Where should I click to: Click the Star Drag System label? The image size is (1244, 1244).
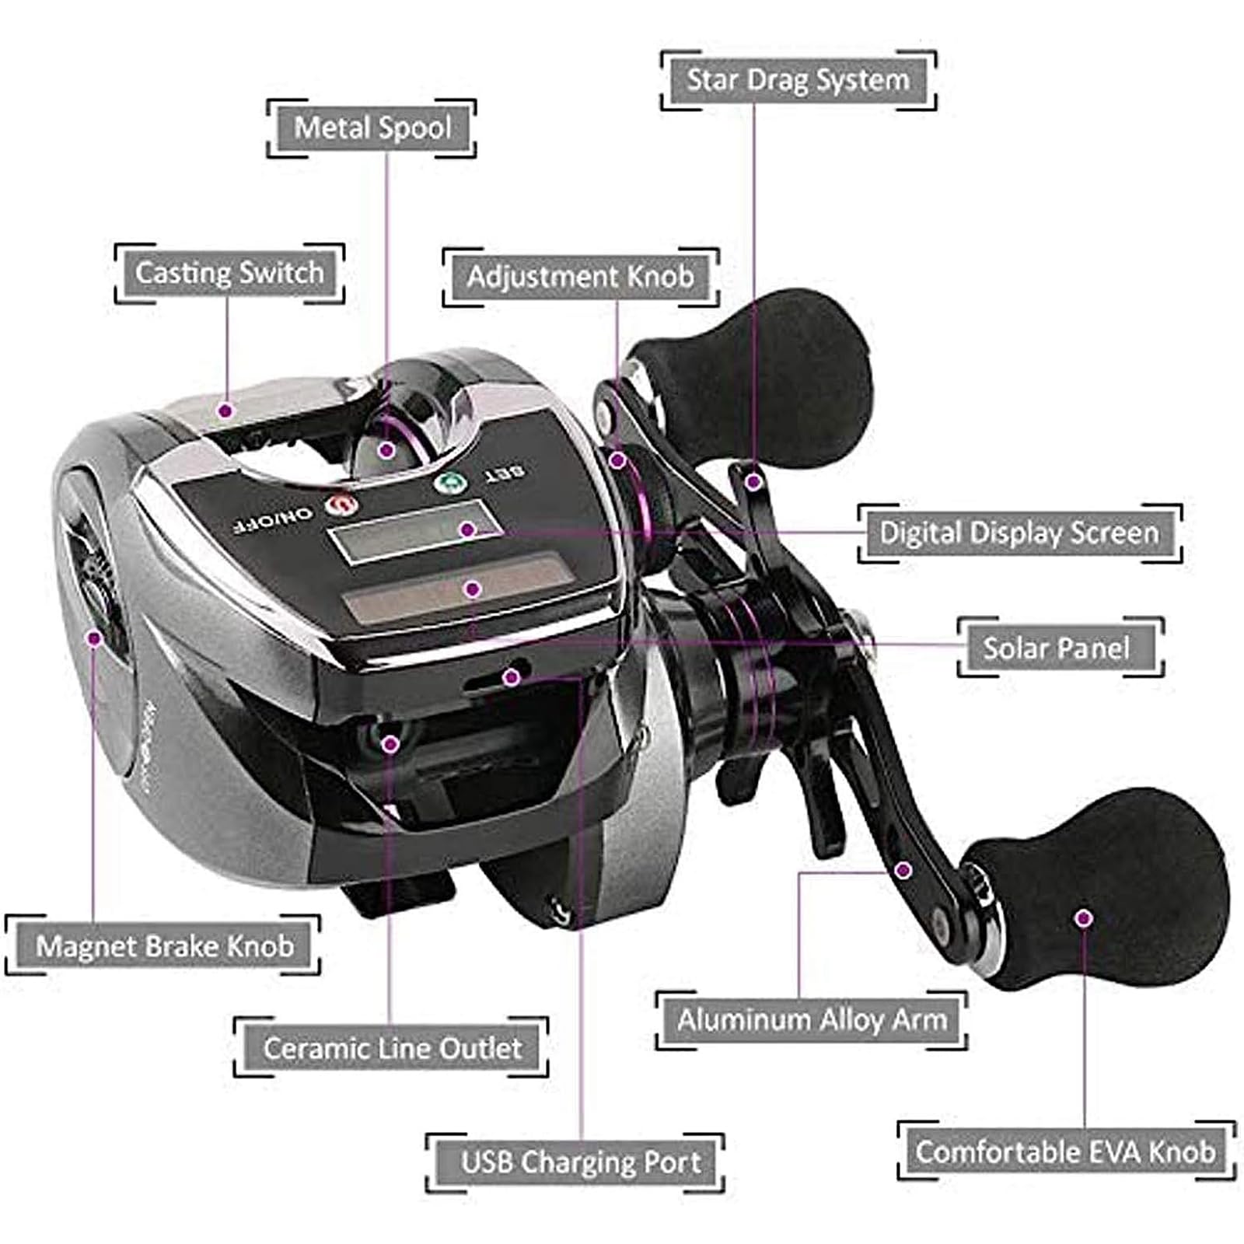coord(798,80)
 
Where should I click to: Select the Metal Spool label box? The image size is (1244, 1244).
coord(372,128)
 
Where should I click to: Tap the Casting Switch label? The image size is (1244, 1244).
coord(229,273)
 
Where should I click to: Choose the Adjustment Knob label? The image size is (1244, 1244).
coord(580,277)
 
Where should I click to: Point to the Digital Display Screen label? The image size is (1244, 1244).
coord(1019,533)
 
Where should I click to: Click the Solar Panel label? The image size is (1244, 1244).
coord(1057,648)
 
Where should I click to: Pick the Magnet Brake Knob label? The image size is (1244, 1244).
coord(164,946)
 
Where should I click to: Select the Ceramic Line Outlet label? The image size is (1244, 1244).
coord(392,1048)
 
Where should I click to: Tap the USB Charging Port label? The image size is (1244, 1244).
coord(580,1162)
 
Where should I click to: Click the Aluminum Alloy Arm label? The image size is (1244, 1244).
coord(812,1019)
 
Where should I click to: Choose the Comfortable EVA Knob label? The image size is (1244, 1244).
coord(1065,1151)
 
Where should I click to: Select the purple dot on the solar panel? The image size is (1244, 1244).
coord(472,589)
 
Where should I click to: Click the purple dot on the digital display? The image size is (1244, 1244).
coord(467,529)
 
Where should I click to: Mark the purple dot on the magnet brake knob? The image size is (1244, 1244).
coord(94,638)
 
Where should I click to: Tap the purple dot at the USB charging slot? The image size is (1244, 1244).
coord(511,677)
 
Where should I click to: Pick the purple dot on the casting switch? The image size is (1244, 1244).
coord(225,410)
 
